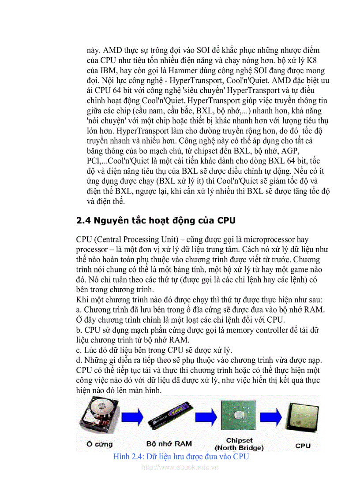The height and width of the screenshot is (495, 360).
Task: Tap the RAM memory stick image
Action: [169, 417]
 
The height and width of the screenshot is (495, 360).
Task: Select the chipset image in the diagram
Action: [239, 416]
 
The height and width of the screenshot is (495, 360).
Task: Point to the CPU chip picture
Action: [302, 418]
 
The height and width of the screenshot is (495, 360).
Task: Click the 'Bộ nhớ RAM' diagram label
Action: [169, 444]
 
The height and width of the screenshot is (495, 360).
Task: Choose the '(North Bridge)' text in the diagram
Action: [239, 448]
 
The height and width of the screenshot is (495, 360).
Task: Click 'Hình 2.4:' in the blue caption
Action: [128, 457]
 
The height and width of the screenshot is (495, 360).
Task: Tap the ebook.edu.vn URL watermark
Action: [180, 467]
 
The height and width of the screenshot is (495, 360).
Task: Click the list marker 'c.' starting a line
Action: [79, 350]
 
